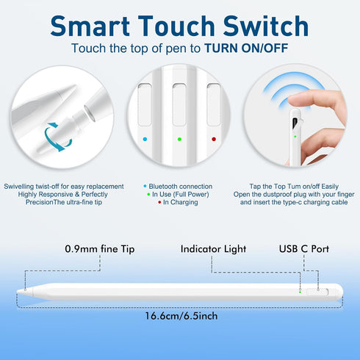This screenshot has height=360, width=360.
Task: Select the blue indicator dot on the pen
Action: [x=145, y=137]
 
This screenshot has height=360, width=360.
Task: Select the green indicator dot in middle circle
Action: [x=179, y=137]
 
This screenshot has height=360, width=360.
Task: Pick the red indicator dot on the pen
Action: [x=214, y=137]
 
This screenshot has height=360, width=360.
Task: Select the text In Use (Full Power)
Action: [x=181, y=195]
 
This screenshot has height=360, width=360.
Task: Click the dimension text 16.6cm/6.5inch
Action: [x=180, y=316]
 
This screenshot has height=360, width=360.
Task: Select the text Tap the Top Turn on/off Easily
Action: [x=294, y=187]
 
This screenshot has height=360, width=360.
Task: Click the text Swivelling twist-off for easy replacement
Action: [x=64, y=187]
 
